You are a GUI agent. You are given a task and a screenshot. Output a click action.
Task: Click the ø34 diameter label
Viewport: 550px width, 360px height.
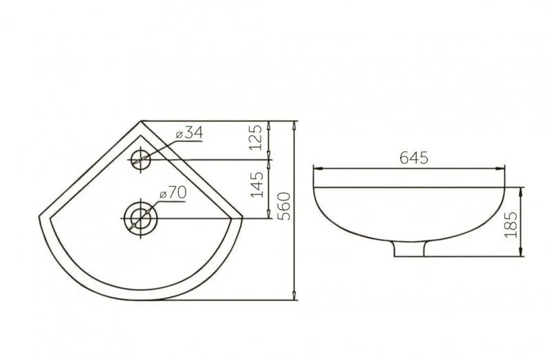pyautogui.click(x=190, y=133)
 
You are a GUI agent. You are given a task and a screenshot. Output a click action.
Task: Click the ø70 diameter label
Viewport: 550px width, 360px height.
pyautogui.click(x=173, y=193)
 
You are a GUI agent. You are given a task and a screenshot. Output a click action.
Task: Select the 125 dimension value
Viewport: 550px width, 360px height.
pyautogui.click(x=256, y=137)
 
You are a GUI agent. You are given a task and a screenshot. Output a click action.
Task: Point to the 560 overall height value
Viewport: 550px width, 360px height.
pyautogui.click(x=284, y=206)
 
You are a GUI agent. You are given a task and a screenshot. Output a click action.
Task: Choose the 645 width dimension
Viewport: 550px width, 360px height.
pyautogui.click(x=414, y=158)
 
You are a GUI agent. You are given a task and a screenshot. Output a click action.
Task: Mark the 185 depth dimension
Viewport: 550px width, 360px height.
pyautogui.click(x=511, y=225)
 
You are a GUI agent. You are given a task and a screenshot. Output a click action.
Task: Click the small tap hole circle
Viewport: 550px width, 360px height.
pyautogui.click(x=141, y=160)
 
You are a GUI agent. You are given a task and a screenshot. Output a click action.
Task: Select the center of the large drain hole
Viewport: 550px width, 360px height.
pyautogui.click(x=141, y=218)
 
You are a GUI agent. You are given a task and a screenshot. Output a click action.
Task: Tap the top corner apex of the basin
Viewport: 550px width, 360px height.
pyautogui.click(x=141, y=122)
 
